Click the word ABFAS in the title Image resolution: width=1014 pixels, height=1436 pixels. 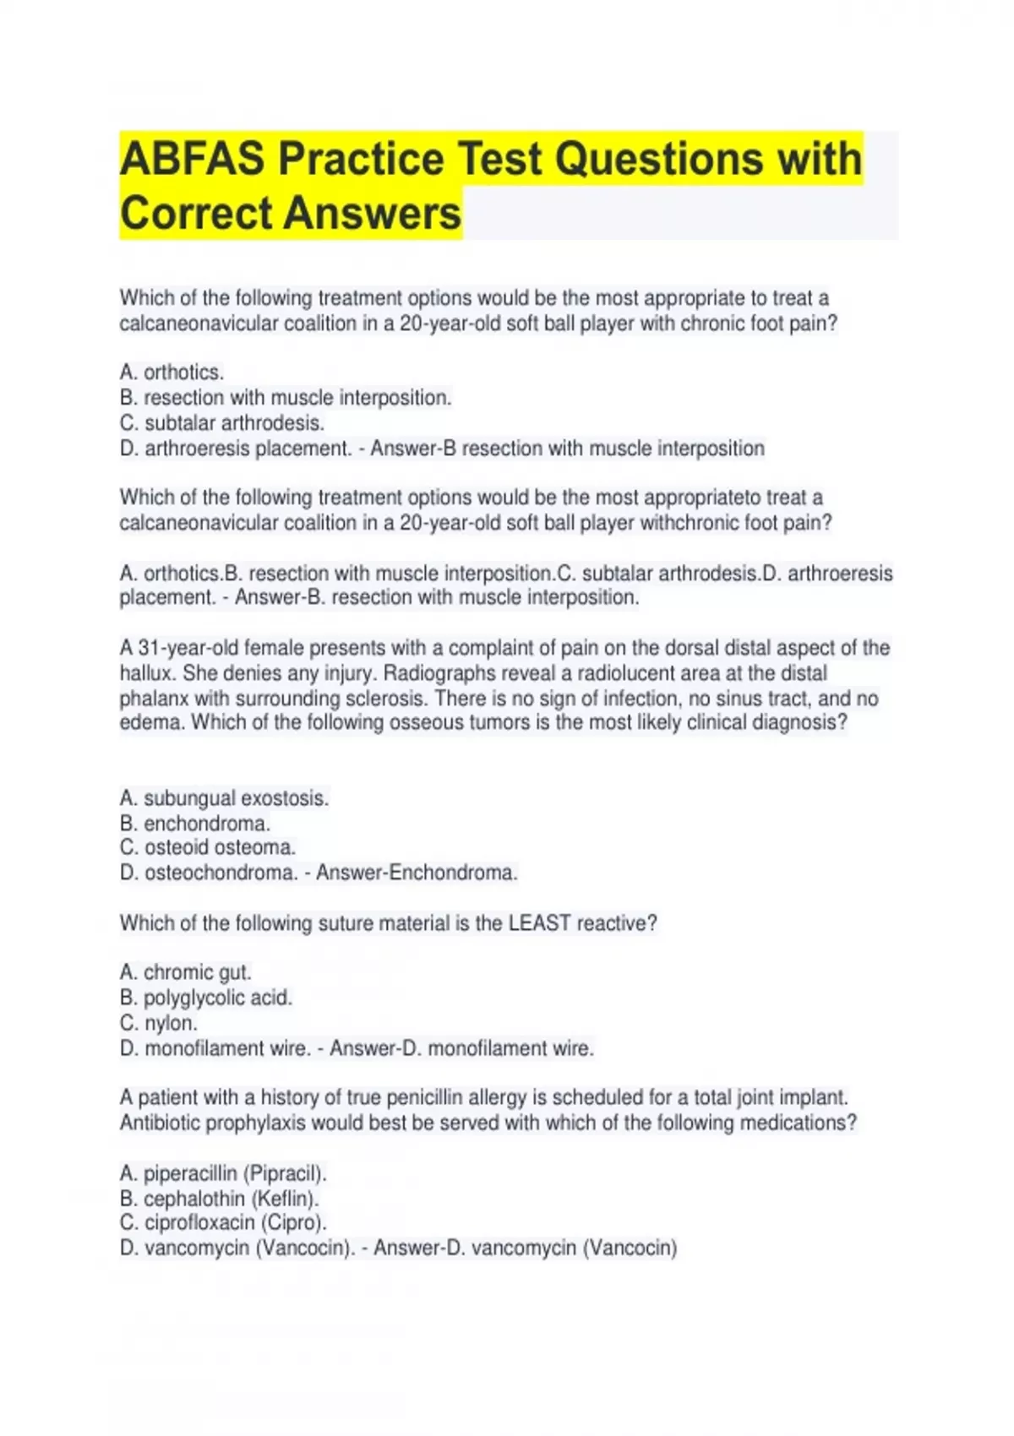pyautogui.click(x=193, y=160)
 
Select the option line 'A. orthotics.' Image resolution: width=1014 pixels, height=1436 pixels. pyautogui.click(x=172, y=373)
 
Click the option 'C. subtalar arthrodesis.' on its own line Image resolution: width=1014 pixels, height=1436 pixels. pyautogui.click(x=222, y=423)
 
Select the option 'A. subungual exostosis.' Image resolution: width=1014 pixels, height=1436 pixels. pyautogui.click(x=224, y=798)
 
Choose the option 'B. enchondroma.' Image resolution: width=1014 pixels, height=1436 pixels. pyautogui.click(x=195, y=824)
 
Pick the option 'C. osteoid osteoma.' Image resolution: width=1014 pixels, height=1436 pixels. pyautogui.click(x=208, y=847)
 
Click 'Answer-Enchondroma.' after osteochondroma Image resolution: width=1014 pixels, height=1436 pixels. pyautogui.click(x=417, y=873)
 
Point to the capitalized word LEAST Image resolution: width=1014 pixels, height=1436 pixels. pyautogui.click(x=539, y=923)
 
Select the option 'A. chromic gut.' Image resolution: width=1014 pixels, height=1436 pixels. pyautogui.click(x=186, y=972)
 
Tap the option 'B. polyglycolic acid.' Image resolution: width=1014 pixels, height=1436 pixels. pyautogui.click(x=206, y=998)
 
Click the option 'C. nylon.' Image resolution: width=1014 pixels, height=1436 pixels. pyautogui.click(x=159, y=1023)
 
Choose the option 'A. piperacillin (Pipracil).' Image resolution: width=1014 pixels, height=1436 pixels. pyautogui.click(x=223, y=1173)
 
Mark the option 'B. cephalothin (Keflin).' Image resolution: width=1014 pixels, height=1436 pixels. pyautogui.click(x=220, y=1199)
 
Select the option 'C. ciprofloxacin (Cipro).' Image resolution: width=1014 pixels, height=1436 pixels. pyautogui.click(x=223, y=1222)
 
